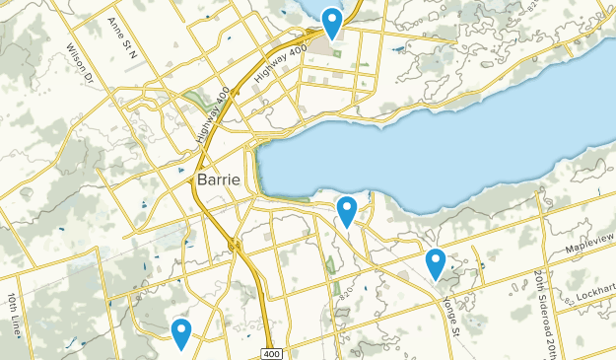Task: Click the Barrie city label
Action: pyautogui.click(x=218, y=180)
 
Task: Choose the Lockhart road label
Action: pyautogui.click(x=595, y=295)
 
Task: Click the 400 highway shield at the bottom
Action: pyautogui.click(x=271, y=352)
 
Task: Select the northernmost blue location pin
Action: pyautogui.click(x=332, y=22)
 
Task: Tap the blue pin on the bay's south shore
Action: pyautogui.click(x=347, y=210)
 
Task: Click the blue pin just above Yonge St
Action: pyautogui.click(x=436, y=262)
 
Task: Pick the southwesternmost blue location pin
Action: pyautogui.click(x=180, y=332)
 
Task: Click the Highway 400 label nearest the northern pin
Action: pyautogui.click(x=277, y=65)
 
